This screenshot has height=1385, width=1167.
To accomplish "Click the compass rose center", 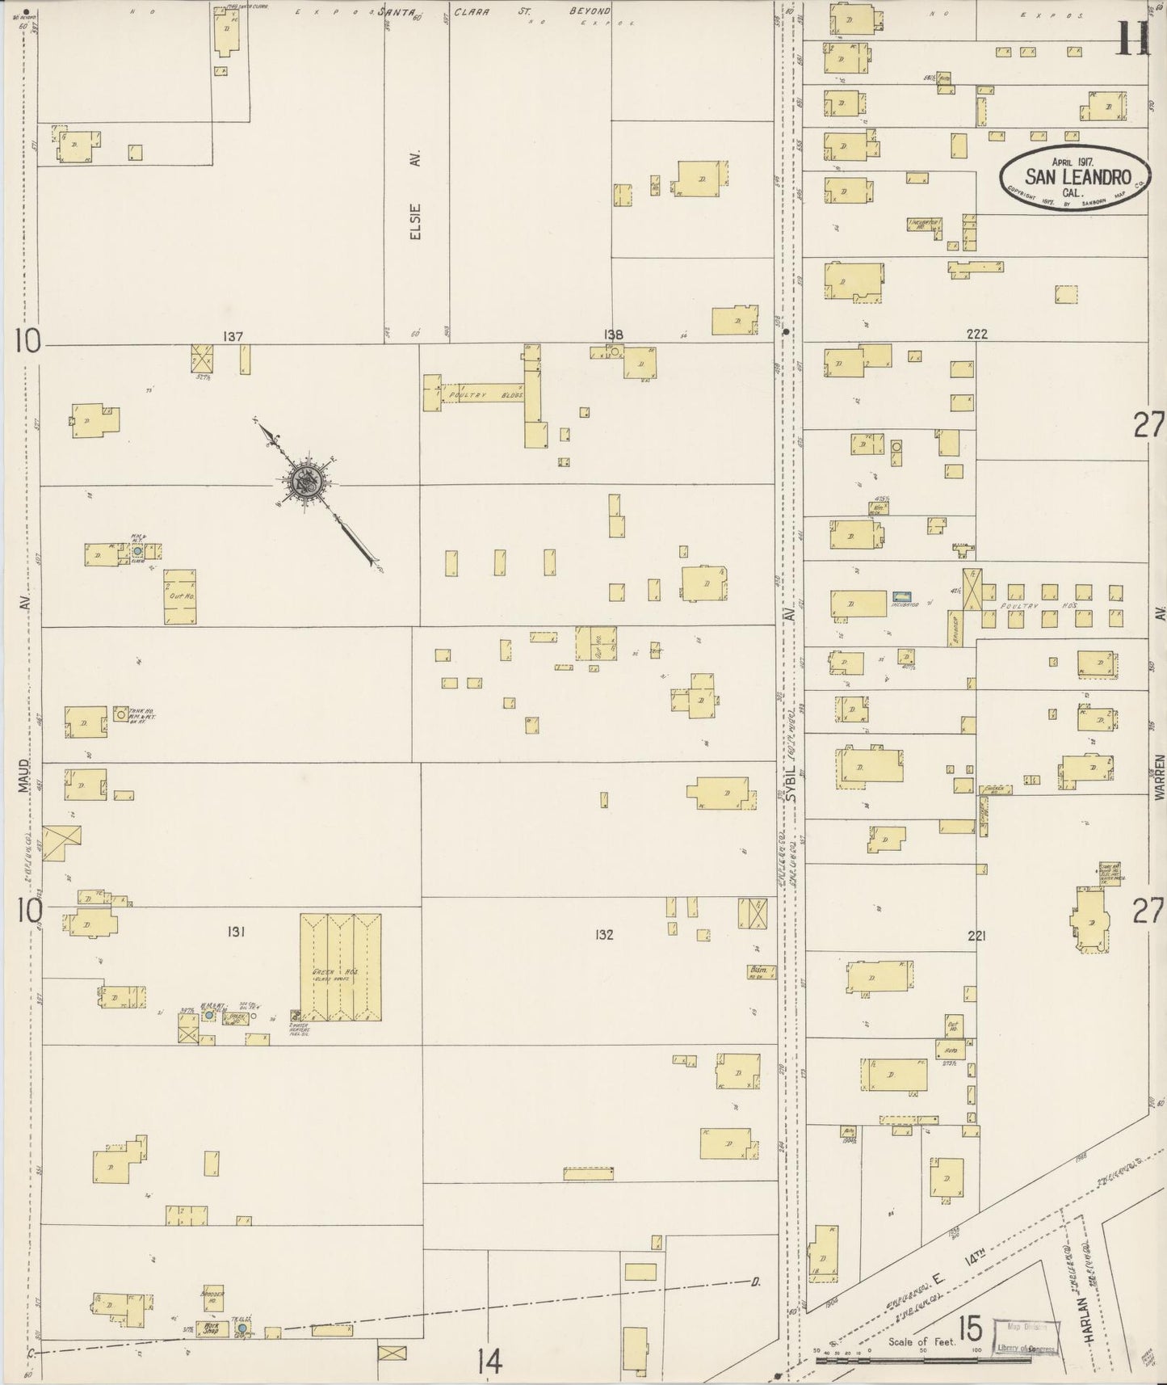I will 307,482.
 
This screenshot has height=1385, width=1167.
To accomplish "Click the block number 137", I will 233,336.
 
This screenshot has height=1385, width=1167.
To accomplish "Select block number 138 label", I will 613,335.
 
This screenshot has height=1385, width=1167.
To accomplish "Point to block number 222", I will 976,334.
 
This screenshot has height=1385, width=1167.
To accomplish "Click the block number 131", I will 236,932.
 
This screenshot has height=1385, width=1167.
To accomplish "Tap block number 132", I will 603,935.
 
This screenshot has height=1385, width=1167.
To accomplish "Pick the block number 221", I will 976,936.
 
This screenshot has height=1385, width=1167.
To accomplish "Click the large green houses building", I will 340,967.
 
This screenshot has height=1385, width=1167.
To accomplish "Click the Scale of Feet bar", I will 925,1362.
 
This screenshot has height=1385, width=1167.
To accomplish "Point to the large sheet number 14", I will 489,1362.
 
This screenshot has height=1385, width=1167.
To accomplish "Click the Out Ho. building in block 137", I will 180,596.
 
